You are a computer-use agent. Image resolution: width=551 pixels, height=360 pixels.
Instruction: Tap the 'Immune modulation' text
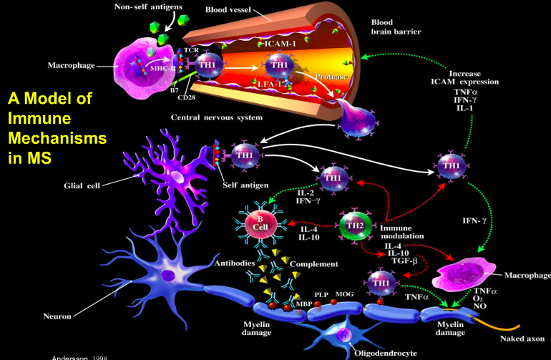(405, 230)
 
